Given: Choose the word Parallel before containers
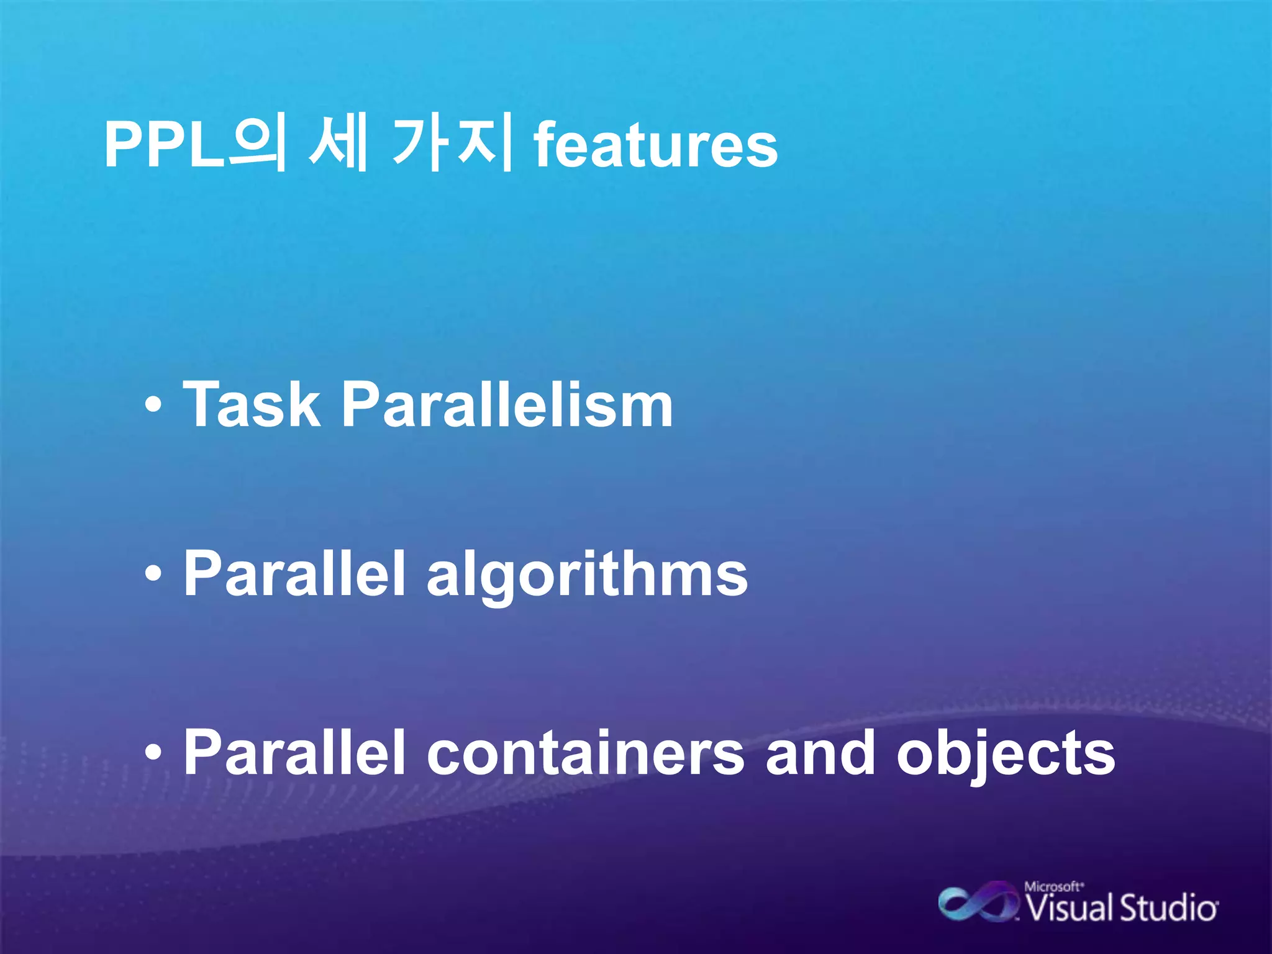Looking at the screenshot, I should (294, 753).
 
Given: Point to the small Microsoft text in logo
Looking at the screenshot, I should (1053, 887).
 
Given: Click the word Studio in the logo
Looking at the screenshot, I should (1168, 908).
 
